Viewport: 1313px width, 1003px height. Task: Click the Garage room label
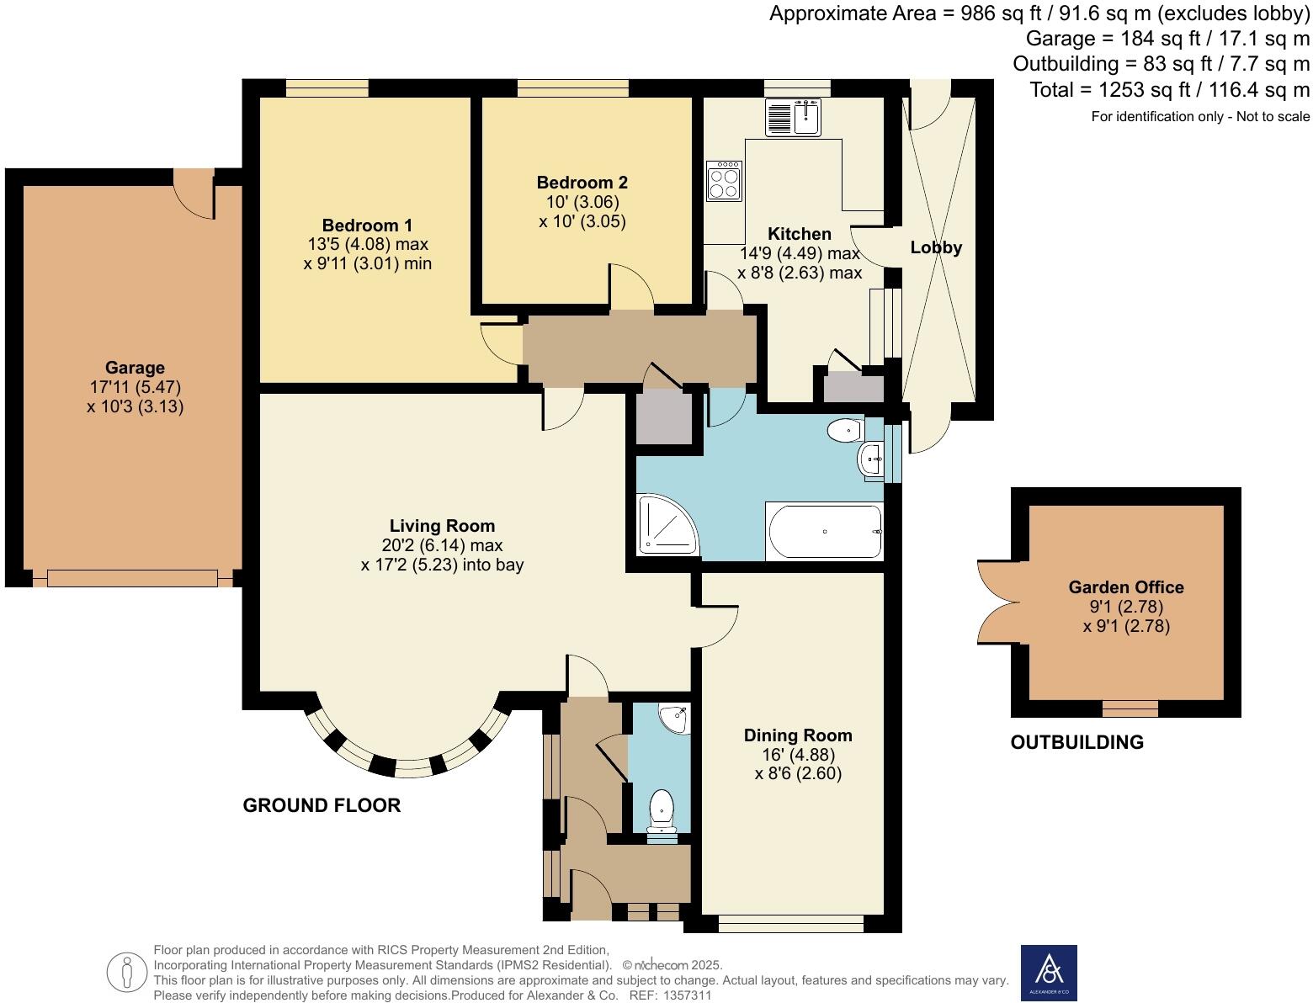tap(135, 368)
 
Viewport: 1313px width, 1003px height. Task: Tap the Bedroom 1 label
tap(367, 226)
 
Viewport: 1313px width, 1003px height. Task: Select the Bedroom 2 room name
tap(582, 183)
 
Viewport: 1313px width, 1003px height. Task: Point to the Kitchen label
tap(799, 234)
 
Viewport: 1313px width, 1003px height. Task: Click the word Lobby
tap(936, 247)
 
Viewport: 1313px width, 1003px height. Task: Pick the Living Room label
tap(442, 526)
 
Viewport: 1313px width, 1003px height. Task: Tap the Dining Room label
tap(798, 735)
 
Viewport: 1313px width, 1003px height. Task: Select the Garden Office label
tap(1125, 587)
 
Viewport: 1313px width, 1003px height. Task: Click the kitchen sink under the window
tap(794, 117)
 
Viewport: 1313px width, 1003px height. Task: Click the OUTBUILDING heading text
tap(1076, 742)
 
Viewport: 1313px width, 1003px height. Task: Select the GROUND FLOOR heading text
tap(322, 805)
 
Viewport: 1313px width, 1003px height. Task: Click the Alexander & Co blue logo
tap(1049, 973)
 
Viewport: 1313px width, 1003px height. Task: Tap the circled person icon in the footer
tap(127, 973)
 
